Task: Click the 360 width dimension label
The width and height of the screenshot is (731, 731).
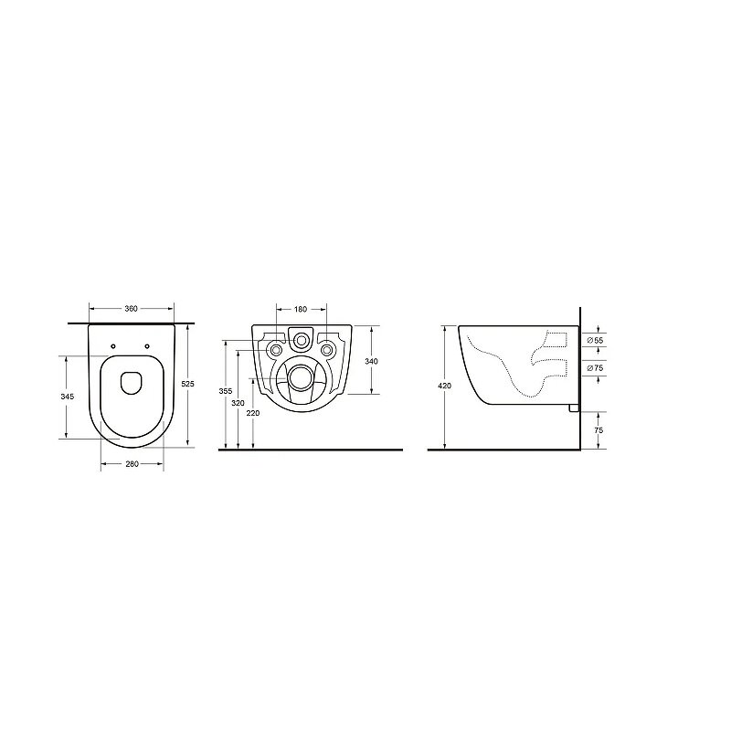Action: point(131,309)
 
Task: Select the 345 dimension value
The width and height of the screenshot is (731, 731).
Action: point(67,397)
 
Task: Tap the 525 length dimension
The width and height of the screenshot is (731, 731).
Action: point(187,384)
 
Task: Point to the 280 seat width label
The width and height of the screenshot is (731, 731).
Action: point(132,464)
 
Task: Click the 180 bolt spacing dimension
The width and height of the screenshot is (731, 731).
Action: point(301,309)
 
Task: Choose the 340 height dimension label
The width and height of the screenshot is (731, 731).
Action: point(371,361)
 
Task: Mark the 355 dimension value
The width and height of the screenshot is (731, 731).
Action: point(225,392)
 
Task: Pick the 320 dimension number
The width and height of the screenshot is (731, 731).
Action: point(238,403)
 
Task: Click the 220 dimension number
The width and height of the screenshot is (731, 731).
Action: point(253,413)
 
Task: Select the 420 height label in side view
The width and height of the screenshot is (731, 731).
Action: point(445,386)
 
